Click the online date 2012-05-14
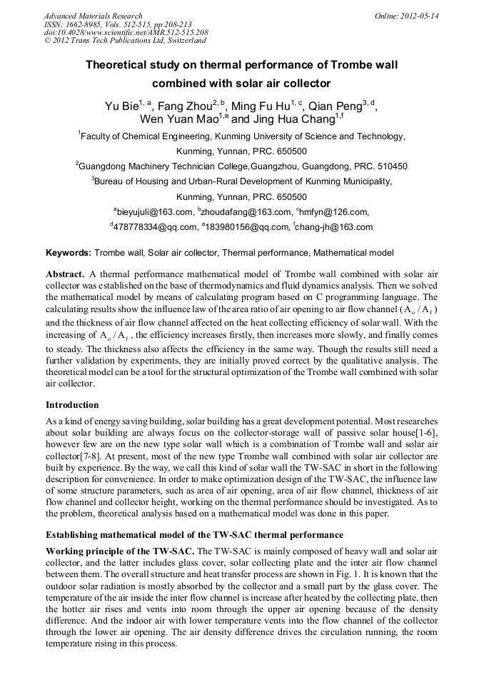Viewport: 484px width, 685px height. pos(420,16)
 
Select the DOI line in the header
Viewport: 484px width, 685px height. pos(126,32)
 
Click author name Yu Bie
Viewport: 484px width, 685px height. pos(121,107)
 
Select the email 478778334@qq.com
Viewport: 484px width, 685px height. pos(155,228)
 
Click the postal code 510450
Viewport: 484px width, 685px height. pos(392,166)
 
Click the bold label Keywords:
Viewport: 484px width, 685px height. pos(69,253)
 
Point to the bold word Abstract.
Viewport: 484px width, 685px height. pos(66,274)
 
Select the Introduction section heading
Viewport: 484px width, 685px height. pos(72,405)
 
